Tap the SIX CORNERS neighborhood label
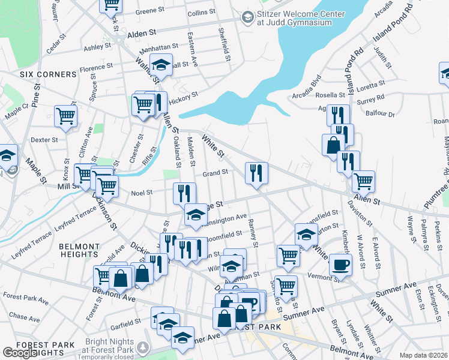(48, 74)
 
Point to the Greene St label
(149, 11)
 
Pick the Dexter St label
(43, 140)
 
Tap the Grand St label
(215, 173)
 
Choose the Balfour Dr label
(382, 113)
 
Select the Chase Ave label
(24, 316)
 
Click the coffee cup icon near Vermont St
(340, 264)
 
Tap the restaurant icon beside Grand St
(256, 173)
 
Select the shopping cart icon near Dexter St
(65, 116)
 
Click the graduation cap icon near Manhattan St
(161, 64)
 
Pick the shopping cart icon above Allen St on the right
(363, 180)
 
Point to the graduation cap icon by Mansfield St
(306, 234)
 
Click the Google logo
(20, 353)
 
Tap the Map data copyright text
(423, 355)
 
